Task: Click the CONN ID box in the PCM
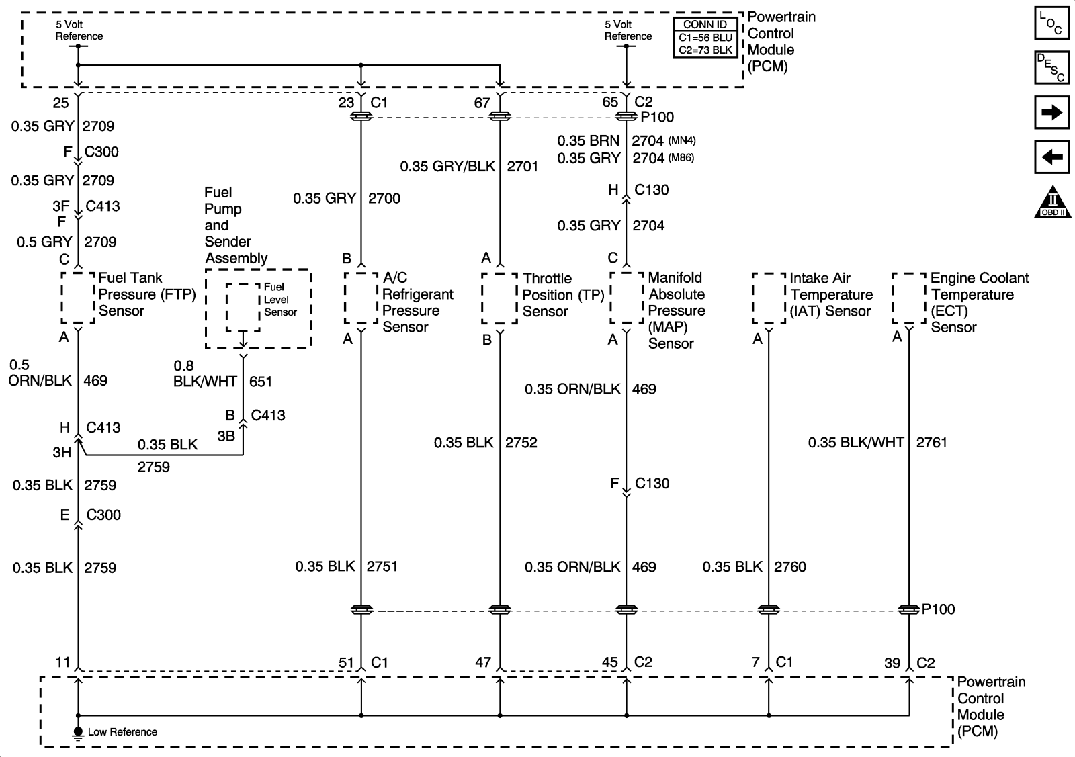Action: point(705,38)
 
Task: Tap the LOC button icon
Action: point(1051,23)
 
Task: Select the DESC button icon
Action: point(1051,68)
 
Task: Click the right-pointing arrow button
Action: point(1051,112)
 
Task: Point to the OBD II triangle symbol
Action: point(1052,202)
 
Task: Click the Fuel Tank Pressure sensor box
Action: point(78,298)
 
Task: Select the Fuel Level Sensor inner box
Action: point(243,307)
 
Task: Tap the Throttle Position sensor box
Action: point(499,298)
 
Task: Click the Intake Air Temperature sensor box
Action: point(769,298)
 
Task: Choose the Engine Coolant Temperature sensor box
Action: point(909,298)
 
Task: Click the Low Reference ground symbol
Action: point(78,732)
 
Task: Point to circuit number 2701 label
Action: point(523,167)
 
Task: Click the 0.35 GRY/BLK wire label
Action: point(447,167)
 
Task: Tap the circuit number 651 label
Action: point(261,382)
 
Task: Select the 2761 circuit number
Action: point(931,443)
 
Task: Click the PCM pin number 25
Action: point(61,103)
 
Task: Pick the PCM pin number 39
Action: point(892,663)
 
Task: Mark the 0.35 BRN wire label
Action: point(589,141)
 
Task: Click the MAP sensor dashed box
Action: point(627,298)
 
